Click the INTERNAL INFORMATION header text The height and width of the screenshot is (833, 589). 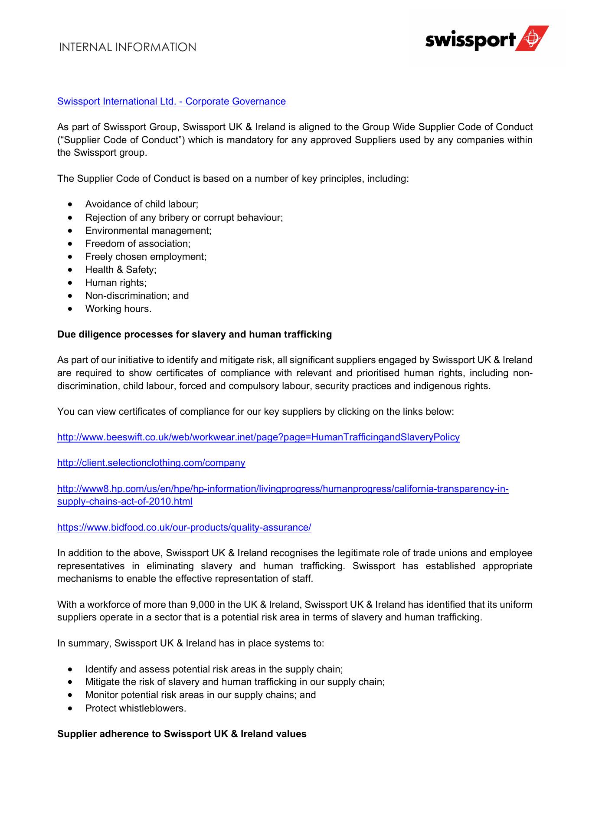pos(128,47)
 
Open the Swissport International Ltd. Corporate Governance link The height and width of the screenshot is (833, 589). pos(171,102)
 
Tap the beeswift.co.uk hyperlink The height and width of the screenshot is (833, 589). pos(258,437)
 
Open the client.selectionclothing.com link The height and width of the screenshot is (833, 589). pos(151,463)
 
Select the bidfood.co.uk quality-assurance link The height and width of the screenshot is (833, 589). pos(184,528)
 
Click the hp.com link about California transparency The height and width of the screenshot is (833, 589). pos(282,489)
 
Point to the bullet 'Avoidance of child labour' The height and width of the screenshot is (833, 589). pos(141,204)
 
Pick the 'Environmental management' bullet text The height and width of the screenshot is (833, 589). pos(148,231)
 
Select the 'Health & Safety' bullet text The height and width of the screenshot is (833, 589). pos(121,270)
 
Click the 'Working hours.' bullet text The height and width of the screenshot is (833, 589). pos(118,309)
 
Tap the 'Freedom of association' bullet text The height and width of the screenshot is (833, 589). pos(137,244)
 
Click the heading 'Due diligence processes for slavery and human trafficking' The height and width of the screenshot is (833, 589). pos(194,335)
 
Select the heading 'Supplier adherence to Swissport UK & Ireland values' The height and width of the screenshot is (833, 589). pos(182,734)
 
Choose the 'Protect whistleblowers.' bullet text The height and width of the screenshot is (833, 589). pos(135,708)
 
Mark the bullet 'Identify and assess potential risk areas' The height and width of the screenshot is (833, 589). pos(214,669)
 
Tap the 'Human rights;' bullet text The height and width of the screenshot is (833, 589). pos(116,283)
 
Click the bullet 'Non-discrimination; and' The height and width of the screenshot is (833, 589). pos(137,296)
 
